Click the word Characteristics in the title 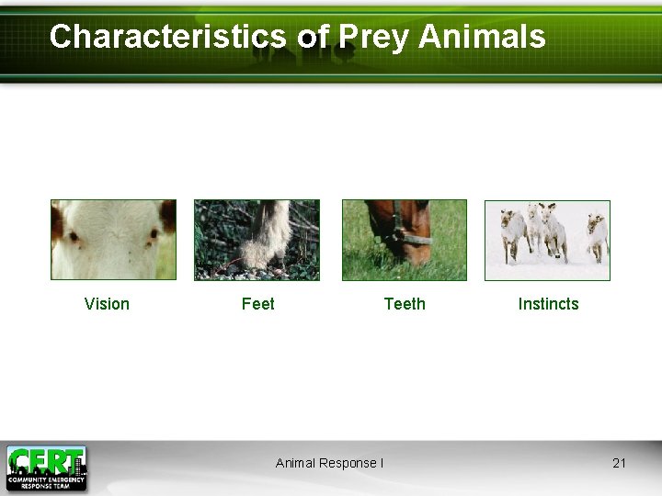[168, 37]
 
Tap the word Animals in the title [483, 37]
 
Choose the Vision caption [107, 304]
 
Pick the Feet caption [257, 304]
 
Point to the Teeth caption [405, 304]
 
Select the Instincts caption [548, 304]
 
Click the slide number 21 [619, 463]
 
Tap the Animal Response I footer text [329, 463]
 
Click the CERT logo [46, 467]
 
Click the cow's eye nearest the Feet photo [152, 235]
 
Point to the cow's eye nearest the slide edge [73, 237]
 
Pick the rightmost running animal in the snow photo [597, 235]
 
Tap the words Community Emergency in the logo [46, 479]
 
